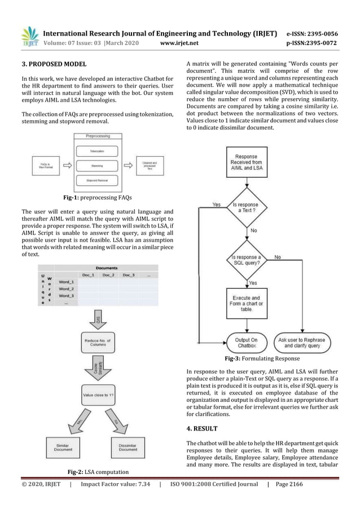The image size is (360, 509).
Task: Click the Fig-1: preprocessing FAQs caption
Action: point(98,198)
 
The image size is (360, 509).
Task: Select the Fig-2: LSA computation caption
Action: point(98,471)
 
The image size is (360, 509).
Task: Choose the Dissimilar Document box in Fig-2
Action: point(128,446)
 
